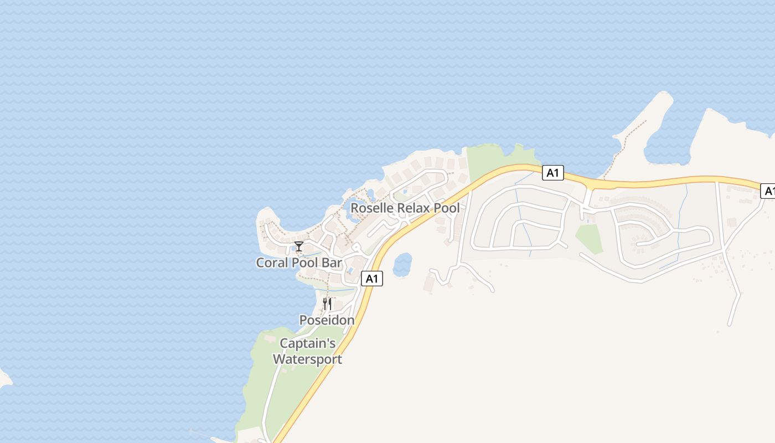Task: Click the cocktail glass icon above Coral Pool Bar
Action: pos(299,246)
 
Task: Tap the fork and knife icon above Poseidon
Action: pos(327,304)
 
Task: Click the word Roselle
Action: pos(372,208)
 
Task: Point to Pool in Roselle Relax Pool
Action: pos(447,208)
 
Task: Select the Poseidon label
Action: pos(327,320)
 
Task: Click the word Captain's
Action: pos(308,343)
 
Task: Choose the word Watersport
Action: pos(308,359)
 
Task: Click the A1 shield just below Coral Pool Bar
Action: pos(372,279)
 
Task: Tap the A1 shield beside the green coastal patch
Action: pos(552,173)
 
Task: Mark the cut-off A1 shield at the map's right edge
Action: pos(768,191)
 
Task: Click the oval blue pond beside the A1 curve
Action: pos(402,265)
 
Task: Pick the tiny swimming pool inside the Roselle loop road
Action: pos(405,192)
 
